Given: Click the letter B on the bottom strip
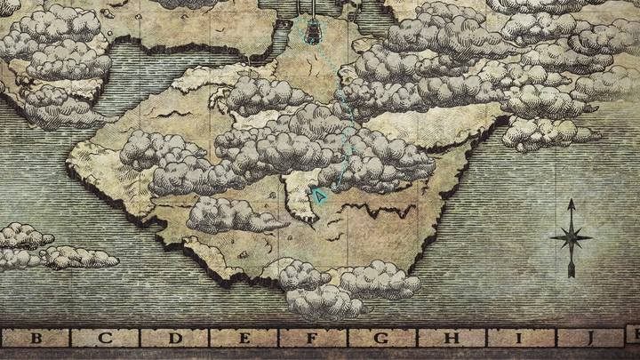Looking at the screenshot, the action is pos(36,338).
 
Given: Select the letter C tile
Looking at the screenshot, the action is pos(106,338).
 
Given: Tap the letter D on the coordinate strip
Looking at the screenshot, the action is pos(175,338).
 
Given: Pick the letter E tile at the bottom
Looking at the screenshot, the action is pos(244,338).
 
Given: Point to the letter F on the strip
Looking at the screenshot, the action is pos(312,338).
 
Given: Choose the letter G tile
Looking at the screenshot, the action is pos(381,338).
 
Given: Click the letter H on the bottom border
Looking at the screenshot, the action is pos(451,338).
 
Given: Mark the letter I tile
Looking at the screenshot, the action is pos(519,338).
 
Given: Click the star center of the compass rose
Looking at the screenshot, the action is pos(571,237).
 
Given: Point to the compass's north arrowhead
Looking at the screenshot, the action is pos(571,205).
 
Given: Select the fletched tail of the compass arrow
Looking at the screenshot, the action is pos(571,269).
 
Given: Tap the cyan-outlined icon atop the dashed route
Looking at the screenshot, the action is pos(313,33).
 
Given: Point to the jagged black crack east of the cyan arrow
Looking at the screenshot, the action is pos(382,210).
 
